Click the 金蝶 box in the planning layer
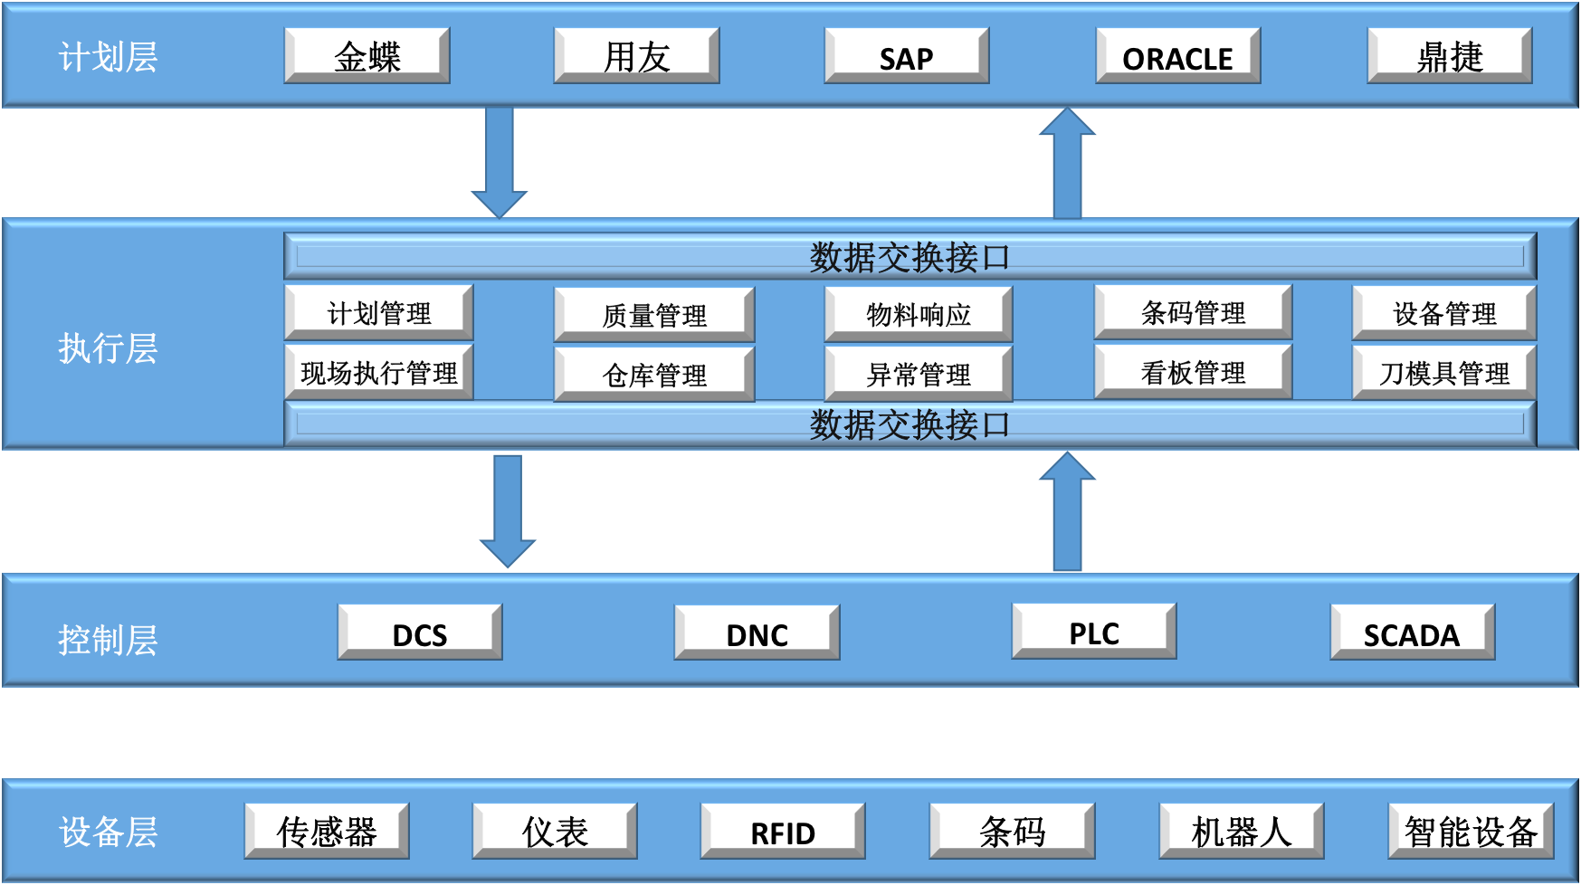tap(367, 55)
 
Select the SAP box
tap(906, 55)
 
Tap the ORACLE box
tap(1177, 55)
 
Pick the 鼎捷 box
tap(1449, 55)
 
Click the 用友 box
tap(636, 55)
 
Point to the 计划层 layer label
tap(108, 57)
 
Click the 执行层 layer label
tap(108, 348)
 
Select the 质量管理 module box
tap(654, 315)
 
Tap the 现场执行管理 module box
tap(379, 372)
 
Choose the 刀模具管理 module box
tap(1444, 372)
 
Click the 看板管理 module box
tap(1193, 371)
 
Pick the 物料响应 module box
tap(919, 314)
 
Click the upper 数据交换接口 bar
tap(910, 257)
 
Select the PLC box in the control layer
tap(1094, 632)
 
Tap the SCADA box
tap(1412, 633)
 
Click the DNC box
tap(757, 633)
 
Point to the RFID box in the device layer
tap(783, 831)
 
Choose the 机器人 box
tap(1242, 831)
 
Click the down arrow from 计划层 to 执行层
tap(499, 162)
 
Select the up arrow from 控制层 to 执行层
tap(1068, 511)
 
